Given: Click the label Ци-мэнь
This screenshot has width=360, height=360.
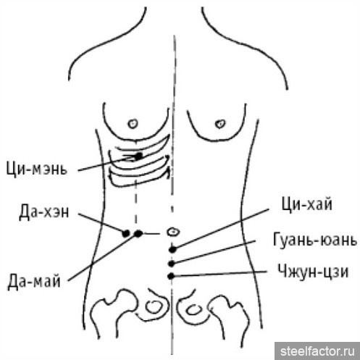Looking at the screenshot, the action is pyautogui.click(x=36, y=169).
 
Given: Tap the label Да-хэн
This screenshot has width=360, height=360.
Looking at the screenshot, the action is pyautogui.click(x=44, y=212).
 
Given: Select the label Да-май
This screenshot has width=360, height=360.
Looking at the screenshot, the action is pyautogui.click(x=34, y=282).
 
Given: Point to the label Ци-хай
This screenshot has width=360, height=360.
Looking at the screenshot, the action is pyautogui.click(x=306, y=204).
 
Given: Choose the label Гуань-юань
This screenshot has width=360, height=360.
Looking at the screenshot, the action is pyautogui.click(x=315, y=240).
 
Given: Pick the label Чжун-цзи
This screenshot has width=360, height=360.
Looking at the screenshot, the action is pyautogui.click(x=313, y=272).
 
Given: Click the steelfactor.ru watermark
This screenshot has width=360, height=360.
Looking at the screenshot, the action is pyautogui.click(x=317, y=351).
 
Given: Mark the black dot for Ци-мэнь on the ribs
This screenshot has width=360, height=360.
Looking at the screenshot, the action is pyautogui.click(x=138, y=156).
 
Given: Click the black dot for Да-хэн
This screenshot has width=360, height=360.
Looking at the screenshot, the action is pyautogui.click(x=126, y=233).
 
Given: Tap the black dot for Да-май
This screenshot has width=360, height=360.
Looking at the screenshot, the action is pyautogui.click(x=138, y=233).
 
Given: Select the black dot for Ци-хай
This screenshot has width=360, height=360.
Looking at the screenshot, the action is pyautogui.click(x=172, y=249).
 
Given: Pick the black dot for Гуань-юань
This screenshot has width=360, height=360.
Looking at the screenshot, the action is pyautogui.click(x=172, y=264).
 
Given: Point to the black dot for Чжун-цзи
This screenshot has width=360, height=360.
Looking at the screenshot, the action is pyautogui.click(x=171, y=276).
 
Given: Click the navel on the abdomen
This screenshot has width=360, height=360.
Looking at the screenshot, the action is pyautogui.click(x=173, y=232).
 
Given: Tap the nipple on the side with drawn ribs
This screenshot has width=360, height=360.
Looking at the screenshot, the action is pyautogui.click(x=133, y=123).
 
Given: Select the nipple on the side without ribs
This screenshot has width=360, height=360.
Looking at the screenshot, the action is pyautogui.click(x=220, y=124).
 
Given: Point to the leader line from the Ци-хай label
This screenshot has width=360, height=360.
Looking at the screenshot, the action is pyautogui.click(x=222, y=229).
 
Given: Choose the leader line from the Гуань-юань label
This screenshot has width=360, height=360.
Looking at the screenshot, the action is pyautogui.click(x=214, y=251).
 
